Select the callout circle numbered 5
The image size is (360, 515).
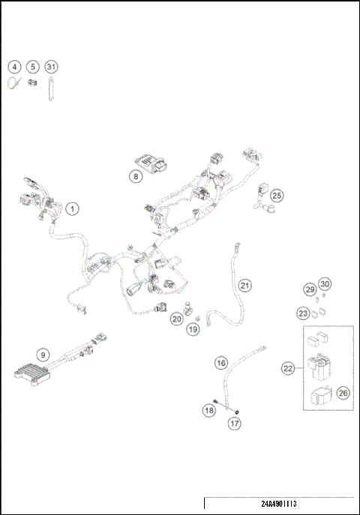tap(33, 67)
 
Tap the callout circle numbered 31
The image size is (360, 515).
tap(51, 67)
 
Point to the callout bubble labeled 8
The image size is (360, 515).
tap(135, 177)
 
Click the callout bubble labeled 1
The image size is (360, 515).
tap(72, 208)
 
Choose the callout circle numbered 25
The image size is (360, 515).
tap(277, 196)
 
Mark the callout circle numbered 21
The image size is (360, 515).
tap(245, 286)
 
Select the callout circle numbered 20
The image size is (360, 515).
tap(177, 319)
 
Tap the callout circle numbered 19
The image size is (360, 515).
tap(193, 328)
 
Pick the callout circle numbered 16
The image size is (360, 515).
tap(221, 363)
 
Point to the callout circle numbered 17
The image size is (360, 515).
tap(235, 424)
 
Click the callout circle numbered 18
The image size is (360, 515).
tap(209, 410)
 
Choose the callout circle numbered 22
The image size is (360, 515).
tap(287, 368)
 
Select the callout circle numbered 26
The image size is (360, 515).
tap(343, 392)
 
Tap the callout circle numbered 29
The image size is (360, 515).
tap(309, 289)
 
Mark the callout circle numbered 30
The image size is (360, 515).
tap(324, 283)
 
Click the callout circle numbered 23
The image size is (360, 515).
tap(302, 313)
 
